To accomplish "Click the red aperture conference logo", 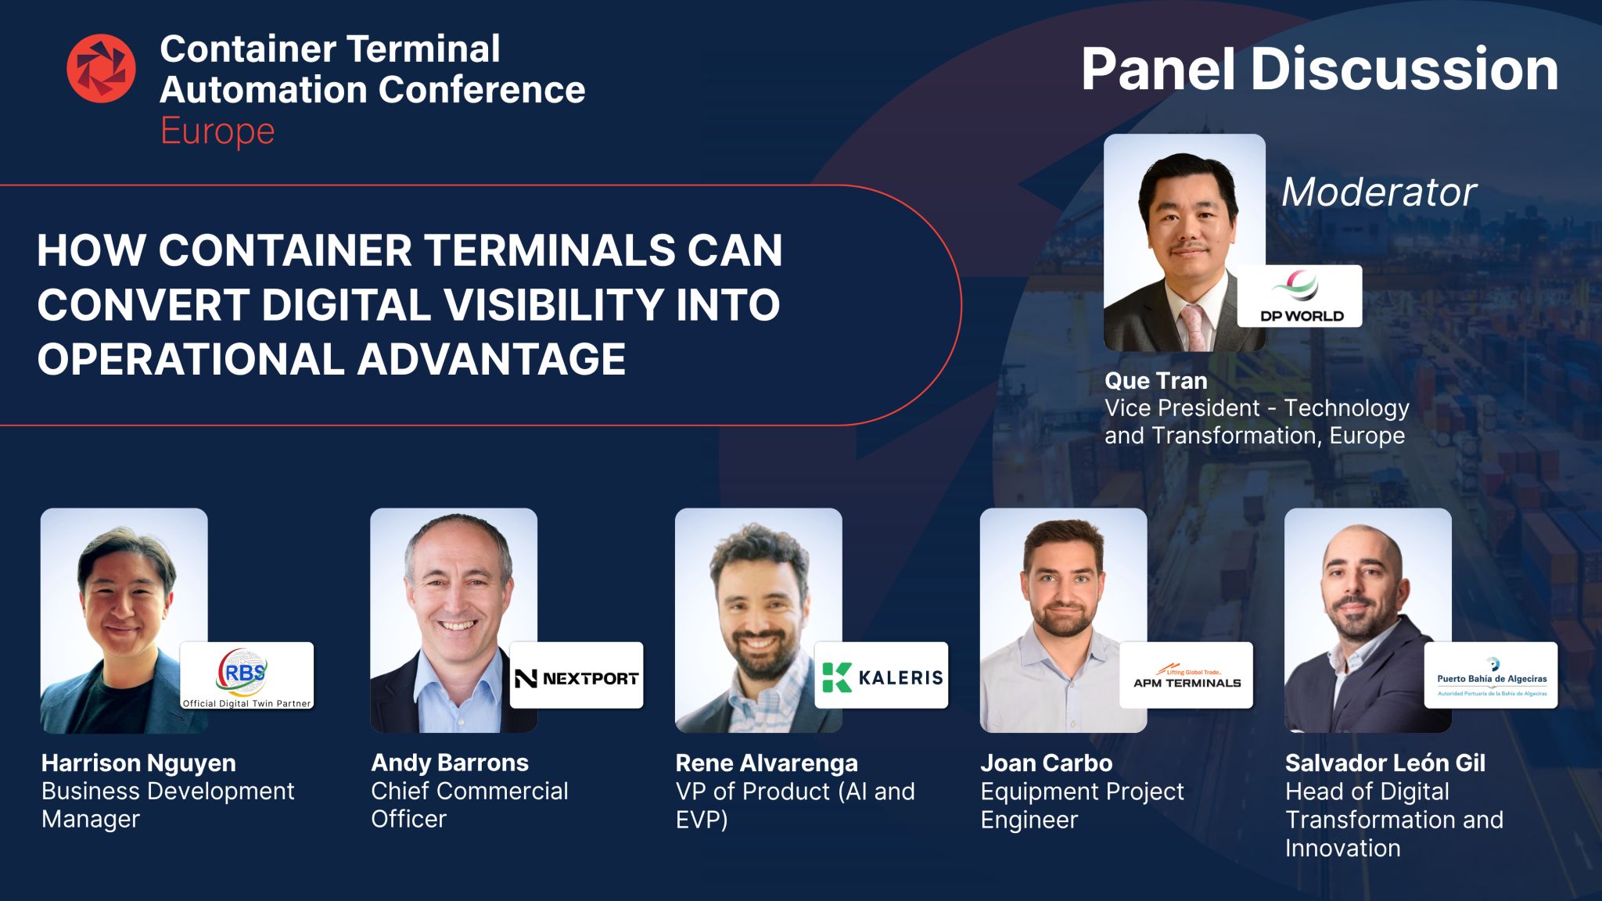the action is click(x=101, y=69).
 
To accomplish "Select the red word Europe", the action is click(x=217, y=131).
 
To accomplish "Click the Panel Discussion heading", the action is click(x=1320, y=70).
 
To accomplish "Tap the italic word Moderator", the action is click(x=1378, y=192).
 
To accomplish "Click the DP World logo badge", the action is click(x=1299, y=296).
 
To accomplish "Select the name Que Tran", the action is click(x=1155, y=381).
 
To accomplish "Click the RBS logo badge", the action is click(x=247, y=676).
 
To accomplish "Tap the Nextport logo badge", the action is click(x=577, y=676).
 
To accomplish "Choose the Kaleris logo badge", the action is click(x=882, y=676).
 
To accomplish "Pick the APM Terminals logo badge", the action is click(x=1187, y=676).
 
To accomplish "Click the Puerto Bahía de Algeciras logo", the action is click(x=1491, y=676).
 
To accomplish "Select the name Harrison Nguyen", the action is click(x=138, y=763).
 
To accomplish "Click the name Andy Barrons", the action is click(x=450, y=763).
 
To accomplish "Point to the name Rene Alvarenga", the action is click(x=767, y=763).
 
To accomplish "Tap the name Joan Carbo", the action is click(x=1047, y=763).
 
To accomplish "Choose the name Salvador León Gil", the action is click(x=1385, y=763).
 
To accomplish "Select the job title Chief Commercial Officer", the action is click(x=469, y=805).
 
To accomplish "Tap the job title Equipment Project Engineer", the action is click(x=1083, y=805).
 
